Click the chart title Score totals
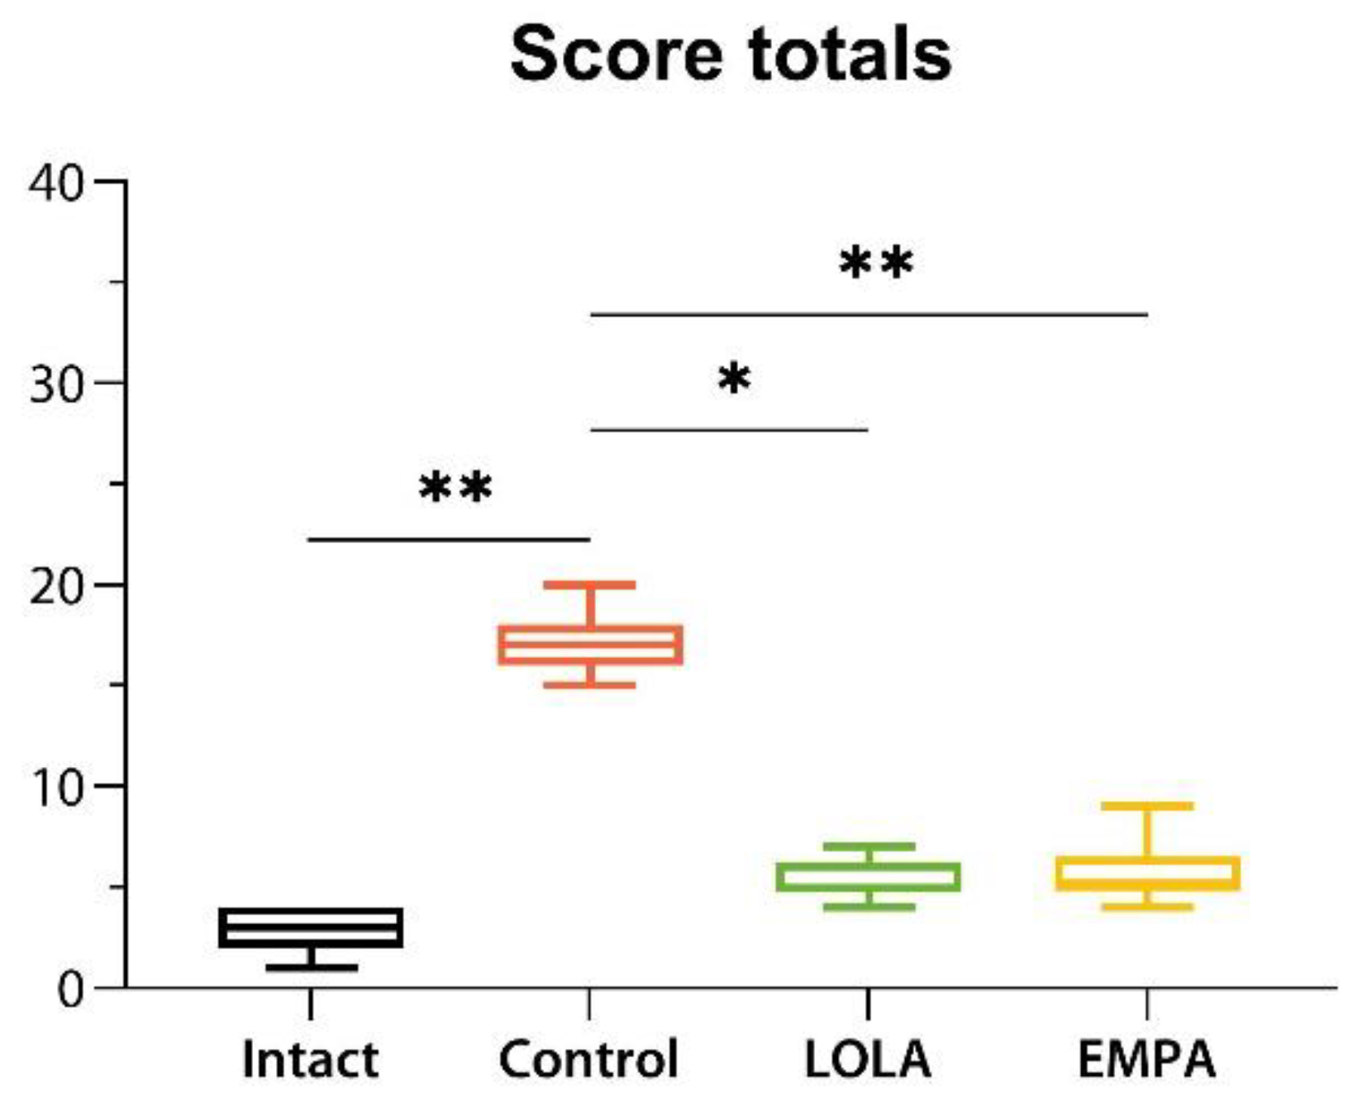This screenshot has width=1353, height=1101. (731, 55)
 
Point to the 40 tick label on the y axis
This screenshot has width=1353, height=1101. (56, 183)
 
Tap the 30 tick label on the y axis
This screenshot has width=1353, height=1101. (56, 384)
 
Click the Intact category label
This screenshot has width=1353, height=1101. (310, 1059)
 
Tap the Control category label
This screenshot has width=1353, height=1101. (588, 1059)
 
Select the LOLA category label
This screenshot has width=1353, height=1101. (868, 1059)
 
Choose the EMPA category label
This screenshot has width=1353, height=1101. (1147, 1059)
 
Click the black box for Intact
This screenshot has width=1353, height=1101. (311, 927)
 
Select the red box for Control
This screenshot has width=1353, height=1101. (590, 645)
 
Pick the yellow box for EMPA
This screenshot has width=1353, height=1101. (1147, 874)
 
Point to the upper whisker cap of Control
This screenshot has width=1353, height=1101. (590, 585)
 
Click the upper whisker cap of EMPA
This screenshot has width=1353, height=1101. (1147, 806)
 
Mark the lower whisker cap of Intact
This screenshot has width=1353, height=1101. (311, 967)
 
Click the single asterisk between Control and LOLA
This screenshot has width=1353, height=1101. (734, 380)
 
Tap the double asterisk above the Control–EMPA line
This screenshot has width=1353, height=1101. (876, 265)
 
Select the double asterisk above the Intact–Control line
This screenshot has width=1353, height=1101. (455, 488)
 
